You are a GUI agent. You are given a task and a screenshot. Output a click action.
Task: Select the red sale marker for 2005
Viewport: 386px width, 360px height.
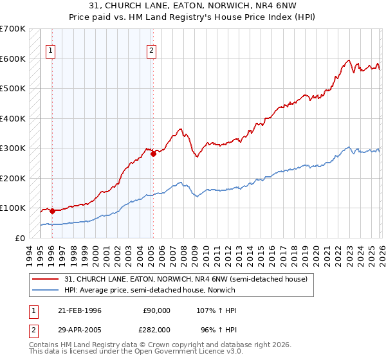pyautogui.click(x=153, y=154)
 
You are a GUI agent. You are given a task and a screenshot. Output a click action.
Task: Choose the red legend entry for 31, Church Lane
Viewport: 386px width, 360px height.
pyautogui.click(x=187, y=279)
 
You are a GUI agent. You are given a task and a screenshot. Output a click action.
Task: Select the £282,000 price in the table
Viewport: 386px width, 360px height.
pyautogui.click(x=156, y=330)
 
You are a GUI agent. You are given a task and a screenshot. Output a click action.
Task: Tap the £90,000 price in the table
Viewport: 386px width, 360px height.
pyautogui.click(x=156, y=310)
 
